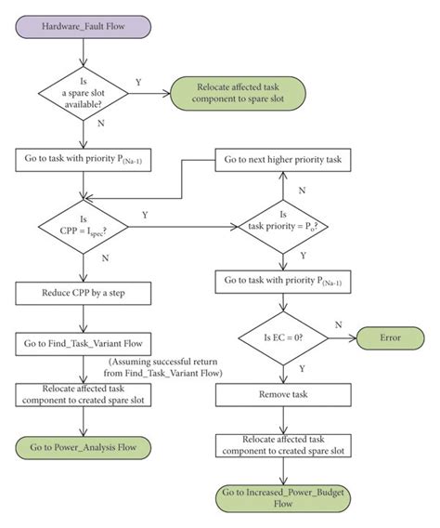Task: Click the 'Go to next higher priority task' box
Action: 283,160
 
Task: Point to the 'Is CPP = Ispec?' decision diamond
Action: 86,224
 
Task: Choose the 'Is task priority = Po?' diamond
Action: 283,224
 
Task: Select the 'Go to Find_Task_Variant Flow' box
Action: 86,343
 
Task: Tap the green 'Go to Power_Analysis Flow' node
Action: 86,446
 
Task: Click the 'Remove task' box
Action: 283,394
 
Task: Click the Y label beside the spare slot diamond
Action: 138,82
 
